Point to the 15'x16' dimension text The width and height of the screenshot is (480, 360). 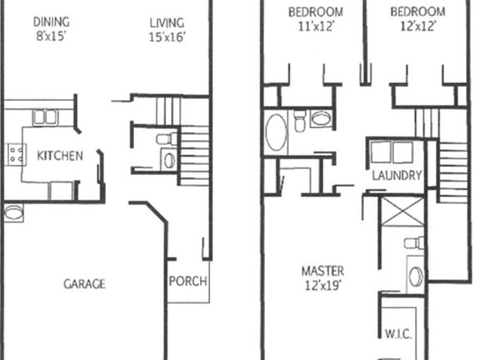click(x=167, y=37)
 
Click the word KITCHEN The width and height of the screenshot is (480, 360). click(x=60, y=156)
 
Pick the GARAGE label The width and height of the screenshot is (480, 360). click(x=84, y=284)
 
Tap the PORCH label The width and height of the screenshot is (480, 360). click(x=188, y=281)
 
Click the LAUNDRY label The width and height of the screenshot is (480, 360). click(x=397, y=176)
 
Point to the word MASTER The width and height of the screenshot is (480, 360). click(x=322, y=272)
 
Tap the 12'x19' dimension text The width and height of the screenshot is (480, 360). click(x=322, y=286)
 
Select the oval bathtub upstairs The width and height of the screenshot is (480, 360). click(x=276, y=132)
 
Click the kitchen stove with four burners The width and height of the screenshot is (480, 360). click(x=14, y=152)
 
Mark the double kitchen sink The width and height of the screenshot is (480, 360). click(x=45, y=117)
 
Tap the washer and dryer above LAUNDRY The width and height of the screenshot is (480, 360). click(x=392, y=153)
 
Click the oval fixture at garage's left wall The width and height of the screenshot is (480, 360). click(x=12, y=213)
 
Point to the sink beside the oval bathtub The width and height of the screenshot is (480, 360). click(x=321, y=118)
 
